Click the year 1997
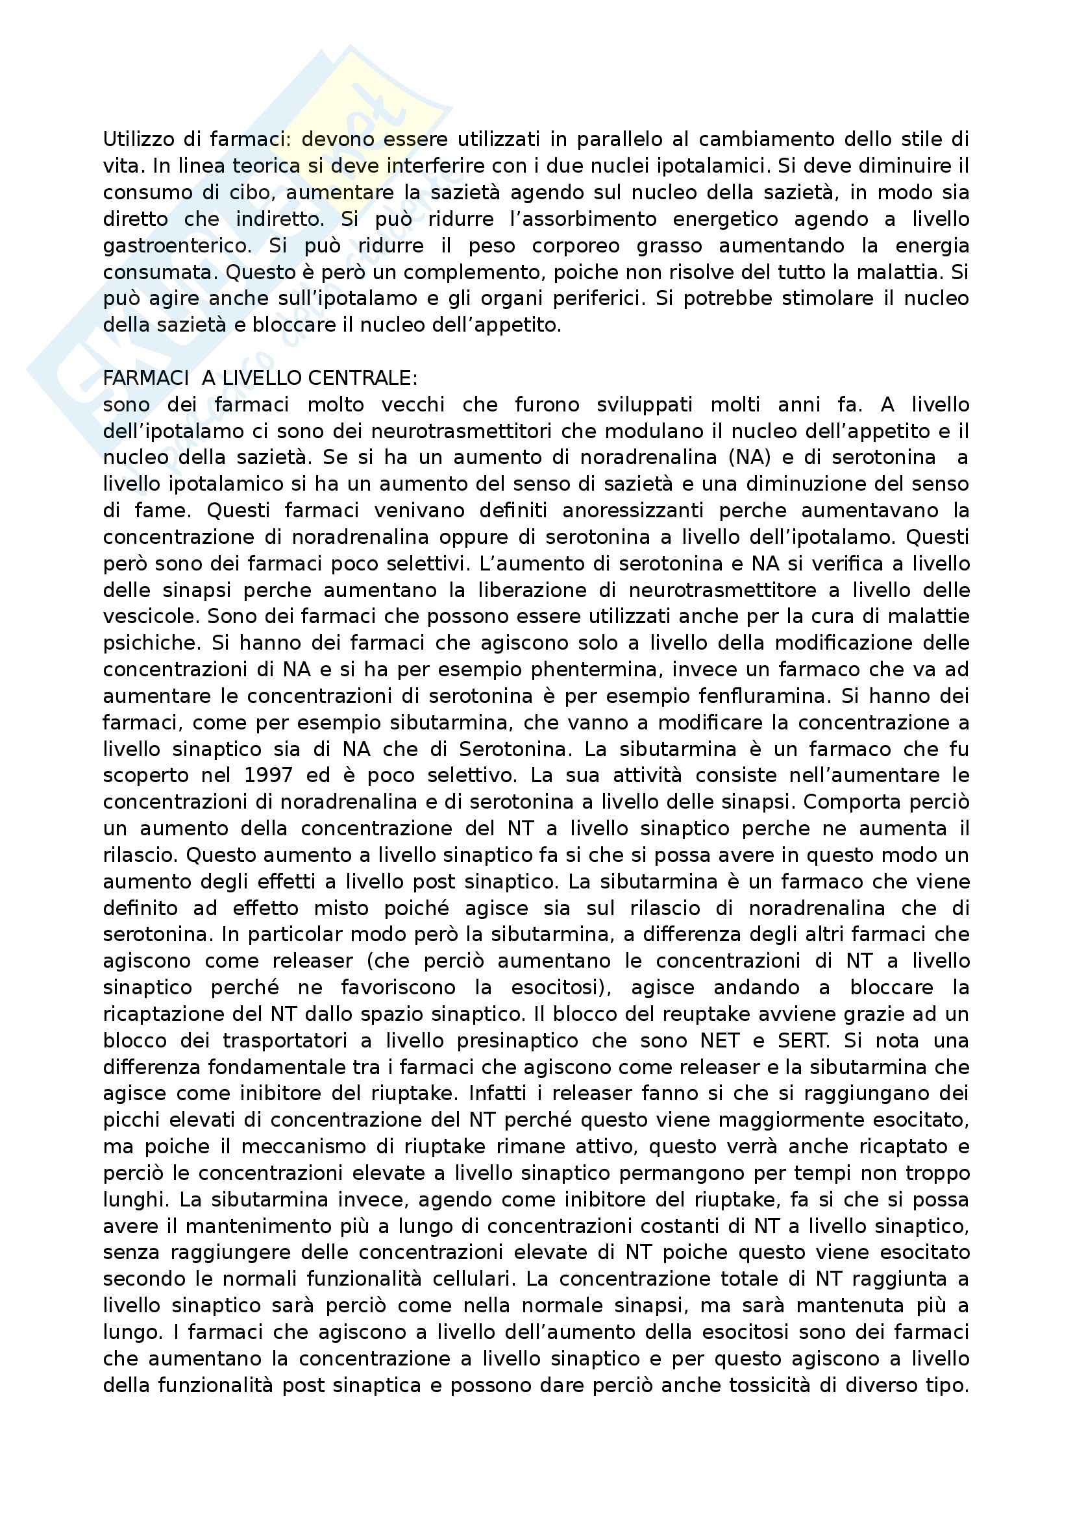[x=267, y=775]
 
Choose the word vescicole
[x=151, y=616]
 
